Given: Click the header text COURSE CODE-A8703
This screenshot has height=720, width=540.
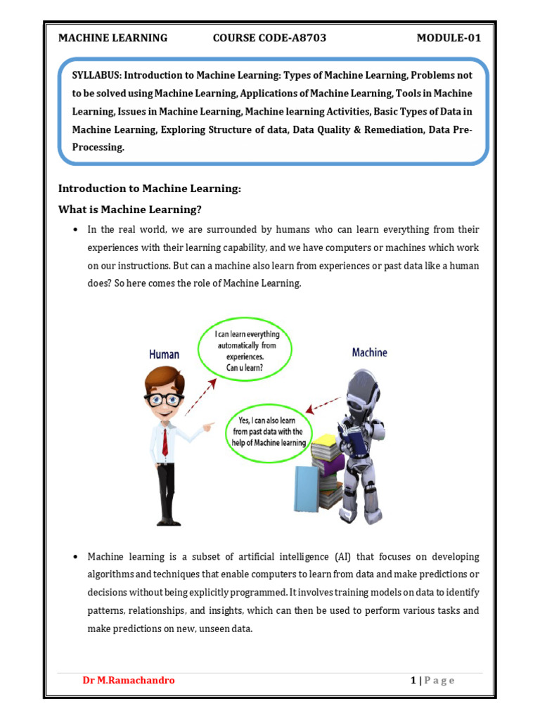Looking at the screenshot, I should tap(269, 38).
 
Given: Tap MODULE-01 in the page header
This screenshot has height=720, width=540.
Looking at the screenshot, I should tap(449, 38).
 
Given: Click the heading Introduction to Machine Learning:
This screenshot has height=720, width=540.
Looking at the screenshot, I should tap(150, 188).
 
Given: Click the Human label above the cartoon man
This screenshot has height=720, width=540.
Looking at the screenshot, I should tap(164, 354).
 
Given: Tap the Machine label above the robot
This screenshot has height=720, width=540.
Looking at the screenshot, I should tap(369, 352).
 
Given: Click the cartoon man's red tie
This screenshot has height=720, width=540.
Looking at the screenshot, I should tap(165, 442).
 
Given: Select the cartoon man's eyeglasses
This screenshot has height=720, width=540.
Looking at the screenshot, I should tap(163, 398).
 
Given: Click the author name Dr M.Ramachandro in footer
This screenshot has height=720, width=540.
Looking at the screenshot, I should tap(129, 680).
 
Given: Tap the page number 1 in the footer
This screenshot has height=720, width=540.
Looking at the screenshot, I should tap(413, 680).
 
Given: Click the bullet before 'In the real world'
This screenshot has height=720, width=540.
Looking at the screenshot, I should tap(74, 230).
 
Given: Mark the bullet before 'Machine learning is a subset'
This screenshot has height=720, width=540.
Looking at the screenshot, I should tap(74, 556).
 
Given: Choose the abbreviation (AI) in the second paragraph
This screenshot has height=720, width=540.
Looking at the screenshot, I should tap(353, 556).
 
